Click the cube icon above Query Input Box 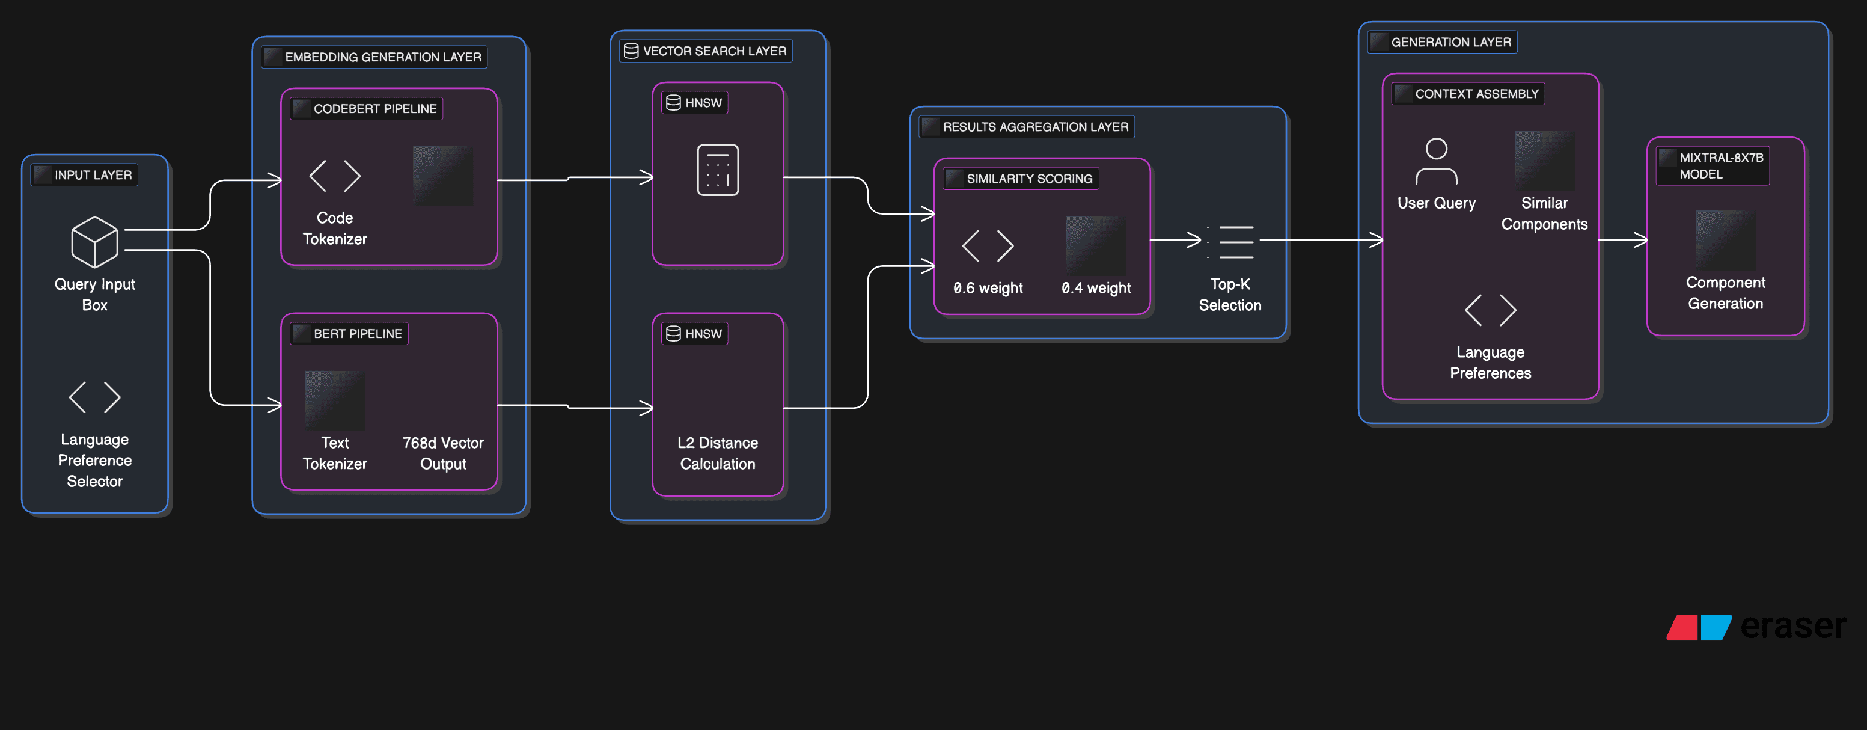click(94, 242)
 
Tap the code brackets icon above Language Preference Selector click(94, 397)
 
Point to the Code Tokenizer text click(334, 229)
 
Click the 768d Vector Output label click(443, 453)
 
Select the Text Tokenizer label click(334, 453)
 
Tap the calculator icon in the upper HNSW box click(718, 170)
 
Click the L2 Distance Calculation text click(718, 453)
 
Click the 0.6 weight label click(988, 288)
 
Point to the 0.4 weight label click(1096, 288)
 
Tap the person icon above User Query click(1436, 161)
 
